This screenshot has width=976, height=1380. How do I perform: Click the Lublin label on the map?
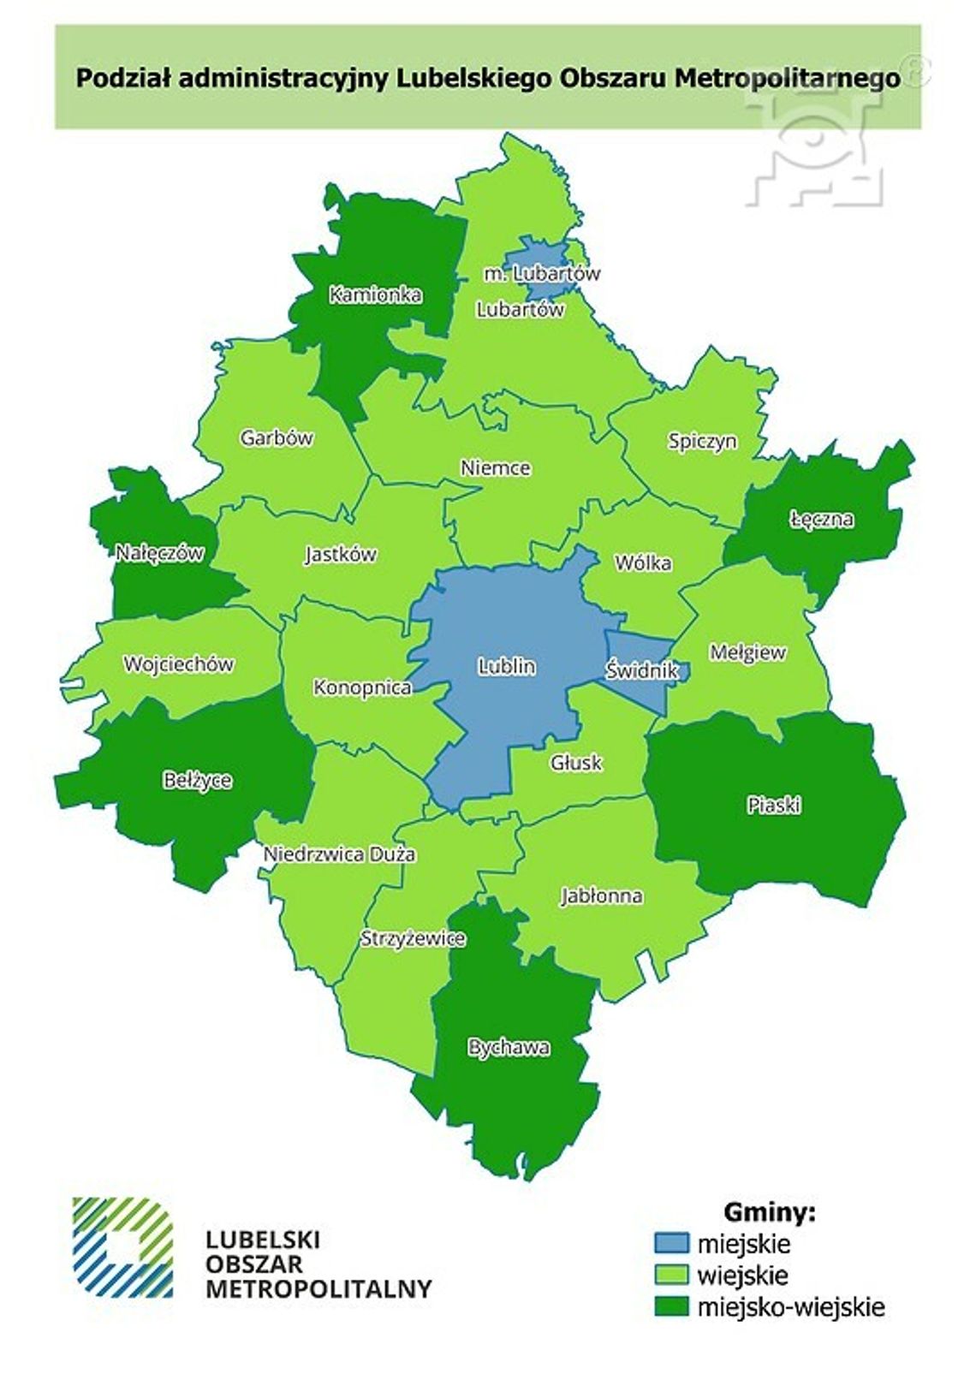click(507, 666)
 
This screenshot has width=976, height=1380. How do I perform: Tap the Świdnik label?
click(641, 670)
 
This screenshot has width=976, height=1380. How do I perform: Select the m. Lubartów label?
click(542, 274)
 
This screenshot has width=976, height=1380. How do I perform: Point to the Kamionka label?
click(375, 295)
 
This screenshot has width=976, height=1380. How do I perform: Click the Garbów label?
click(277, 438)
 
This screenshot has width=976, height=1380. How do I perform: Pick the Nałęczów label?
click(160, 553)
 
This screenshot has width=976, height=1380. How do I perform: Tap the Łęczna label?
click(821, 519)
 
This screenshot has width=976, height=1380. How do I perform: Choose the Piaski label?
click(773, 805)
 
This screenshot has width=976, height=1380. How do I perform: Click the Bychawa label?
click(509, 1047)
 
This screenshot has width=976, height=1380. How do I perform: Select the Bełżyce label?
click(197, 781)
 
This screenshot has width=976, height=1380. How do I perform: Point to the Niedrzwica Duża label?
click(340, 854)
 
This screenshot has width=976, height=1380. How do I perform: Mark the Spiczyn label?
click(702, 442)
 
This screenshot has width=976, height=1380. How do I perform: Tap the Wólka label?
click(643, 563)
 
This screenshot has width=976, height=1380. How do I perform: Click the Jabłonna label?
click(602, 896)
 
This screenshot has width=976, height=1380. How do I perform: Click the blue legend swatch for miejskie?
click(671, 1243)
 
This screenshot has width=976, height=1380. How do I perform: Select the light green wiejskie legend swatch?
click(671, 1275)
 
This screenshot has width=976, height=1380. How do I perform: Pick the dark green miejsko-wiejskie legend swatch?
click(671, 1306)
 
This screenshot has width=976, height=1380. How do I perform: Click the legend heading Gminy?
click(769, 1212)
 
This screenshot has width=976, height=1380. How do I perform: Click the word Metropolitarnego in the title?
click(788, 79)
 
